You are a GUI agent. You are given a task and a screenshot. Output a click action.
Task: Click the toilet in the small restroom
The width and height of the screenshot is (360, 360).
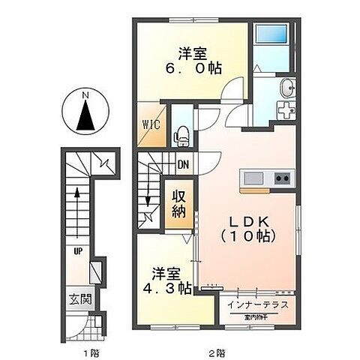click(180, 135)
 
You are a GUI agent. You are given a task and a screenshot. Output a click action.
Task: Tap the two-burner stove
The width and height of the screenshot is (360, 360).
click(282, 178)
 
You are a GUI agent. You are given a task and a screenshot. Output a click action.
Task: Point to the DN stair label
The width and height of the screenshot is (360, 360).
click(182, 166)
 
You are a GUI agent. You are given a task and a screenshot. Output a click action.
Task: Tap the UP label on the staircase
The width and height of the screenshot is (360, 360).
click(77, 251)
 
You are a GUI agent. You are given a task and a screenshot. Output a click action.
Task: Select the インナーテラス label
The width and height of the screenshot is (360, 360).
click(262, 306)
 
